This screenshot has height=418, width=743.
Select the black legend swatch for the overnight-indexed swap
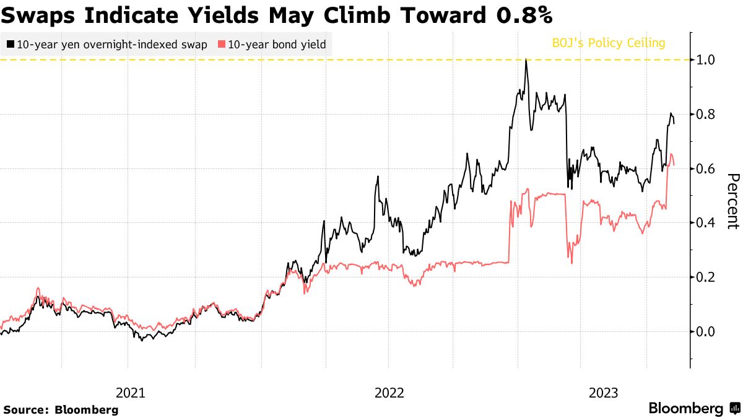[11, 45]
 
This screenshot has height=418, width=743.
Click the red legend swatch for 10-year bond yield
[222, 45]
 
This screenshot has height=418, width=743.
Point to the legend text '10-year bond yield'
[277, 45]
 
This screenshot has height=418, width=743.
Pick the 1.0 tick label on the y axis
[707, 60]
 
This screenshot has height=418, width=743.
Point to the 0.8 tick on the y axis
[707, 115]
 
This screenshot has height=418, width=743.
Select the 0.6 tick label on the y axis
[707, 168]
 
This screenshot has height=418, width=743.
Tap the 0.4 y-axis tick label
[707, 223]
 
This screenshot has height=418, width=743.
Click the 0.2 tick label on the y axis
[707, 277]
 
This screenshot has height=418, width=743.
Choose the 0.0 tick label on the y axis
[707, 331]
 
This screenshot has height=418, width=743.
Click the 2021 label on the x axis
[131, 393]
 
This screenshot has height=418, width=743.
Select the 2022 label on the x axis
[389, 393]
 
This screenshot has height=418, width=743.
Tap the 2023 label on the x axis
[604, 393]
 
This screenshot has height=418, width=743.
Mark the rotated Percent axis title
[732, 201]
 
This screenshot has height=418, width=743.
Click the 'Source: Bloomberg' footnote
[61, 409]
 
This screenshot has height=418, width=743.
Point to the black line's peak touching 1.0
[526, 60]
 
